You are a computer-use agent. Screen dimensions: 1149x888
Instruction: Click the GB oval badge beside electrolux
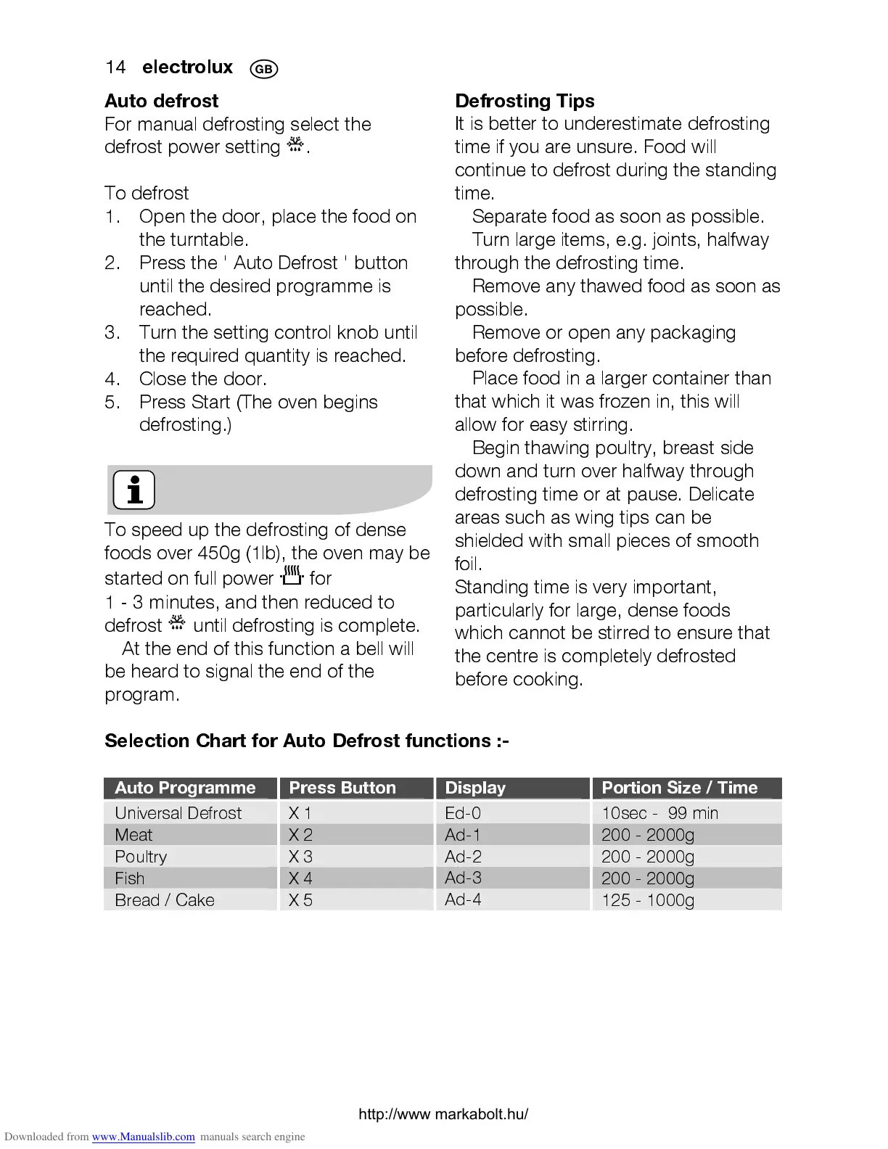(263, 69)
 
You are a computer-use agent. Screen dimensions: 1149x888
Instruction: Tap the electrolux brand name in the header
(187, 67)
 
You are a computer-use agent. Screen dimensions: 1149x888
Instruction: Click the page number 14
(115, 67)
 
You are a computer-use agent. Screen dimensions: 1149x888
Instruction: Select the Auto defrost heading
(161, 101)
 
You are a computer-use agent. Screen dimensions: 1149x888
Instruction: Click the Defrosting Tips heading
(525, 101)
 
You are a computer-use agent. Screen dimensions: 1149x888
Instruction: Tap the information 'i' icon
(134, 490)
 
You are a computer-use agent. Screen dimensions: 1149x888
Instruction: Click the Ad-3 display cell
(463, 878)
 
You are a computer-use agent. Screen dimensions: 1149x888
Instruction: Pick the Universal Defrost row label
(178, 812)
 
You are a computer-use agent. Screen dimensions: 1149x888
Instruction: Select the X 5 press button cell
(300, 900)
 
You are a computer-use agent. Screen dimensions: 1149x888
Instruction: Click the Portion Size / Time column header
(679, 788)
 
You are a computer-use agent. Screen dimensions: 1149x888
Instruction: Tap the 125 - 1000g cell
(647, 900)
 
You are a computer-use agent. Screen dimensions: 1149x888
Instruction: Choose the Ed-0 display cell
(463, 812)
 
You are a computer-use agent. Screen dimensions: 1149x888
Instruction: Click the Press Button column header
(342, 788)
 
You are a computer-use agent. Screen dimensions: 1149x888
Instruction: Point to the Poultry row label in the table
(141, 857)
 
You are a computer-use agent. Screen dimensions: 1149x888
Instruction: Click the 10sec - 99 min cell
(659, 812)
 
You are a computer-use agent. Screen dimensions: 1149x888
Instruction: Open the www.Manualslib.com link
(143, 1137)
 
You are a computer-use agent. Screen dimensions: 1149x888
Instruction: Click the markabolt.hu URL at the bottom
(443, 1114)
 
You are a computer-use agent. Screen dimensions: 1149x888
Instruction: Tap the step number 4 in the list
(112, 379)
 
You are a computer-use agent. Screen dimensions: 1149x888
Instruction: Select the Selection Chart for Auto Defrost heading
(306, 741)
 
